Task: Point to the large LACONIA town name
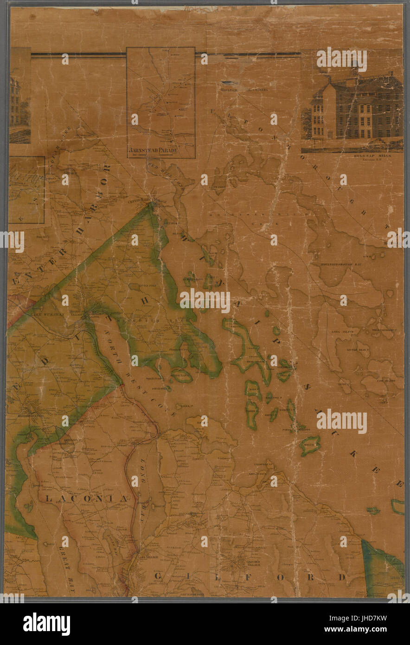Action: [x=87, y=498]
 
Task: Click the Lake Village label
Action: [x=148, y=557]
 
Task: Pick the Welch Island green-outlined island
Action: [x=310, y=445]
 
